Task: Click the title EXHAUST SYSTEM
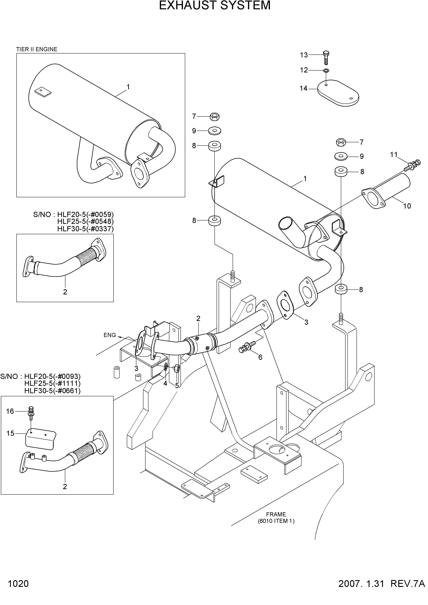[x=215, y=5]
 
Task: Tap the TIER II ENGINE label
[x=37, y=49]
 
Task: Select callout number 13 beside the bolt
[x=304, y=55]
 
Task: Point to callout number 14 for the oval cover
[x=304, y=88]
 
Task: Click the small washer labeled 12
[x=326, y=71]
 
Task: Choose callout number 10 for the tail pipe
[x=407, y=206]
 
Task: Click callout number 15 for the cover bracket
[x=10, y=433]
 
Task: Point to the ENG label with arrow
[x=110, y=335]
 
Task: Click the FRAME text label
[x=276, y=514]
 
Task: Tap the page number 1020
[x=18, y=597]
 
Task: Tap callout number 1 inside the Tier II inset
[x=128, y=87]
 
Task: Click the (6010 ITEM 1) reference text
[x=276, y=521]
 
